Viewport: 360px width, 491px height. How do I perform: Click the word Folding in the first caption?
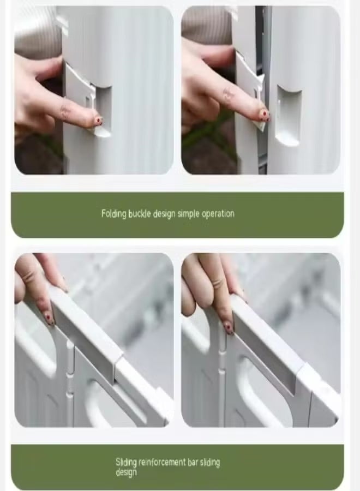click(114, 214)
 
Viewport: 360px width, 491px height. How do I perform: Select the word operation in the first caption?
click(218, 214)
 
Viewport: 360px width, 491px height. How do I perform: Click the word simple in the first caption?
click(188, 214)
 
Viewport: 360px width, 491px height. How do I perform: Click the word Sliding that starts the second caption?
click(126, 463)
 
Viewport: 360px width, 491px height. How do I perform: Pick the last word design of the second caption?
click(126, 472)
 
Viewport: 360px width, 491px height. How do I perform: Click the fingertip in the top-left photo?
click(97, 121)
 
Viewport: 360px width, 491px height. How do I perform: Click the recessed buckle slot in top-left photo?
click(102, 111)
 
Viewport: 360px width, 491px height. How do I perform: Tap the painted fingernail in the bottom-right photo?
click(229, 327)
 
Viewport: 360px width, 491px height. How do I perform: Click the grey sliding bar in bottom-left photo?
click(85, 331)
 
